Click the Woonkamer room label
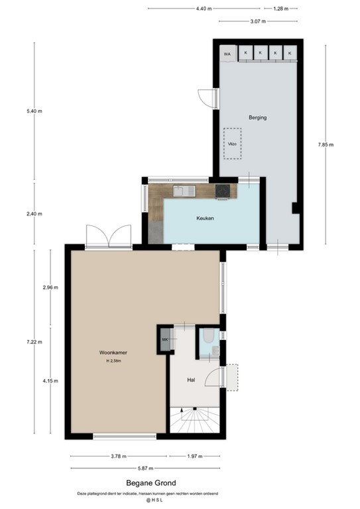click(x=111, y=353)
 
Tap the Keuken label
click(x=205, y=218)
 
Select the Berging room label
click(x=257, y=117)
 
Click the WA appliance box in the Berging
click(x=227, y=54)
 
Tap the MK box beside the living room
click(x=164, y=341)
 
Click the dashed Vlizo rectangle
click(x=233, y=144)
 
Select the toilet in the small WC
click(x=209, y=337)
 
